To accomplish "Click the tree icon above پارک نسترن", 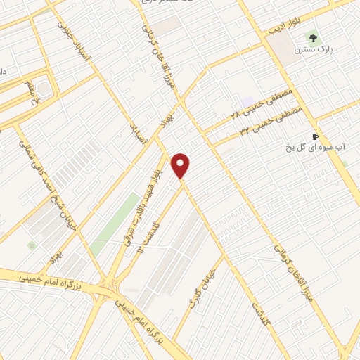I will [x=310, y=38].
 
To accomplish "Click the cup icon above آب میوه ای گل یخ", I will [x=315, y=136].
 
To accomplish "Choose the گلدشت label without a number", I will [x=264, y=314].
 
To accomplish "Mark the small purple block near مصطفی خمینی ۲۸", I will [x=246, y=103].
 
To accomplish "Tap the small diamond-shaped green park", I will [x=32, y=245].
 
